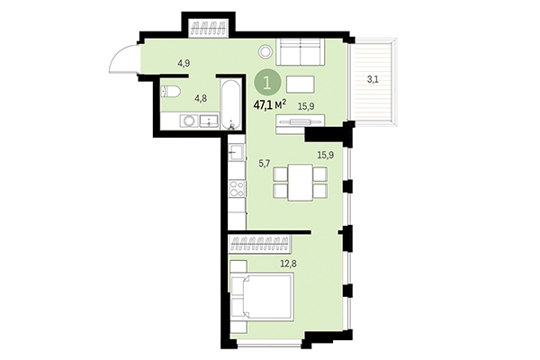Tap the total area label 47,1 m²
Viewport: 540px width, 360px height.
click(269, 104)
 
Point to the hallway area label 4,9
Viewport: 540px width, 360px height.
click(184, 63)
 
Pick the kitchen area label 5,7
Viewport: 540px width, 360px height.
click(264, 164)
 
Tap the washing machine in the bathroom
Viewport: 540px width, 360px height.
click(189, 121)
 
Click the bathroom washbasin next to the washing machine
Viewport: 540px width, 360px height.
click(209, 121)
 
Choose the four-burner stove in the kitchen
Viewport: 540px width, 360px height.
click(237, 189)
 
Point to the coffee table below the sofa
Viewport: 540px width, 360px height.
click(301, 85)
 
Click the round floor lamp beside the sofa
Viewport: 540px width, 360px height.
click(264, 52)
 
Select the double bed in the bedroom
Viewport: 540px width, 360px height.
click(263, 297)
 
